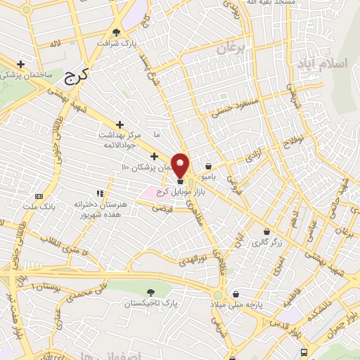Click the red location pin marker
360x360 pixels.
coord(180,165)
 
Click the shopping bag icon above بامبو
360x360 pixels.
coord(209,167)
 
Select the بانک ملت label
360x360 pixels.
coord(39,207)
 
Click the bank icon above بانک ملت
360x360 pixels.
coord(39,195)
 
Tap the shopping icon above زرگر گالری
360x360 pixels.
coord(266,231)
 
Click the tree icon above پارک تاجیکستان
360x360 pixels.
coord(150,291)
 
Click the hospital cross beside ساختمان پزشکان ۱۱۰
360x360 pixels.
coord(154,155)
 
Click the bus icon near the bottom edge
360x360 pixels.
coord(304,352)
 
